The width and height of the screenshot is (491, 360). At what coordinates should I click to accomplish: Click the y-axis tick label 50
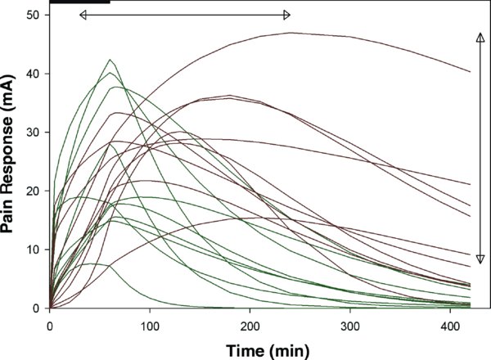pos(34,15)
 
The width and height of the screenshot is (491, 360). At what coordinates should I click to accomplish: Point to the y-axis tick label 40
pos(34,74)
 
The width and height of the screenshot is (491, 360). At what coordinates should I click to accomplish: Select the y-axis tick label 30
pos(34,133)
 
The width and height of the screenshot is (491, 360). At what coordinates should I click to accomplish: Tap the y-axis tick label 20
pos(34,191)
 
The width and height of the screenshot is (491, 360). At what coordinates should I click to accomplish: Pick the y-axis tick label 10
pos(34,250)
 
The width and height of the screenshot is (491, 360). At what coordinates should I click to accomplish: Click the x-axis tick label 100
pos(150,326)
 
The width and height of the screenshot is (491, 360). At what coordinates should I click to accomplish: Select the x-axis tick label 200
pos(250,326)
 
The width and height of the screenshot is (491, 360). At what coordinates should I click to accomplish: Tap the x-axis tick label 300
pos(349,326)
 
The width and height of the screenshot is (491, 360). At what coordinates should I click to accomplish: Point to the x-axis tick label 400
pos(450,326)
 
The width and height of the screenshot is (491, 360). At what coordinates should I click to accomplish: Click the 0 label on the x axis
pos(50,326)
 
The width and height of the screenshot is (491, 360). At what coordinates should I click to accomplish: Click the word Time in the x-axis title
pos(246,350)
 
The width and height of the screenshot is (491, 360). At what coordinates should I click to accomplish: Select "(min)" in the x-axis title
pos(291,351)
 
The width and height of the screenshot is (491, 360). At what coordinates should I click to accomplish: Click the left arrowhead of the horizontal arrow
pos(83,15)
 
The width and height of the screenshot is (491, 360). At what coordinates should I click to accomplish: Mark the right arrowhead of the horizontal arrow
pos(287,15)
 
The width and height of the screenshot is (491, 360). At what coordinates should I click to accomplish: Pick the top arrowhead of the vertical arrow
pos(480,37)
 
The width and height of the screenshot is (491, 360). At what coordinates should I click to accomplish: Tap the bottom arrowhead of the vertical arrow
pos(480,259)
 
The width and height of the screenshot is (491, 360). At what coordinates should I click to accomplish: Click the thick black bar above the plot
pos(80,2)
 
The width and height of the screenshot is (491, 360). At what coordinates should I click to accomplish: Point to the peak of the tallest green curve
pos(110,60)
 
